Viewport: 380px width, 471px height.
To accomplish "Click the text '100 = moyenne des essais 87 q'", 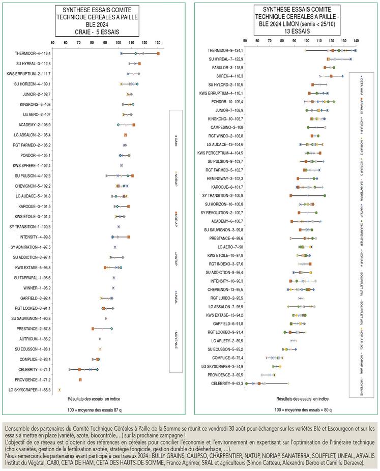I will coord(86,409).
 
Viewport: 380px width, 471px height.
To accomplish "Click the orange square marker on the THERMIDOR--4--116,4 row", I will coord(158,53).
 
